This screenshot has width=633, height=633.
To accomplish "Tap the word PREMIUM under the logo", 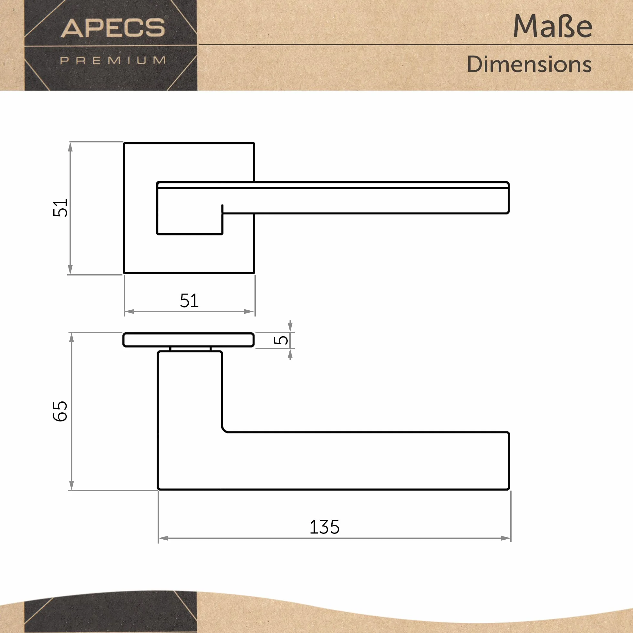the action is click(113, 60).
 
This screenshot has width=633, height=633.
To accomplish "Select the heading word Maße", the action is click(552, 26).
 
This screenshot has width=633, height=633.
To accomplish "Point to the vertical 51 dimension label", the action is click(60, 208).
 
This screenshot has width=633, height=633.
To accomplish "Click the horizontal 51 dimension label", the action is click(189, 300).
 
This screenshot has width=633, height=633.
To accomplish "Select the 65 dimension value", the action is click(60, 411).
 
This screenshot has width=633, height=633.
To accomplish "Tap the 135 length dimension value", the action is click(324, 527).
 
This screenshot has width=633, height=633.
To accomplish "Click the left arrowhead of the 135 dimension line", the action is click(163, 538).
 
